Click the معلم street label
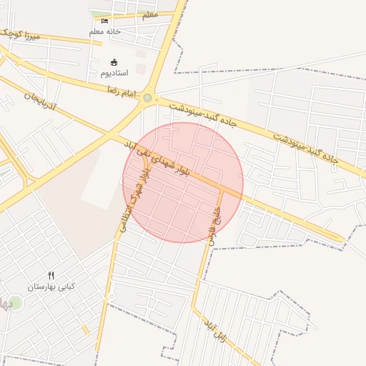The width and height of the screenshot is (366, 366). [150, 15]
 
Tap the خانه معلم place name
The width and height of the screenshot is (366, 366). [105, 31]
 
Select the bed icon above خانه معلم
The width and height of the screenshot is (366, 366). [105, 21]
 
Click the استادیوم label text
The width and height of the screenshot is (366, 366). [114, 73]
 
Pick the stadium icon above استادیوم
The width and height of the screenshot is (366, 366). [114, 62]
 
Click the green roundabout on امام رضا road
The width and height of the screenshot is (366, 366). [148, 98]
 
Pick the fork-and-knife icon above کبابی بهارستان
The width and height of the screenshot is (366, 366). [51, 275]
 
